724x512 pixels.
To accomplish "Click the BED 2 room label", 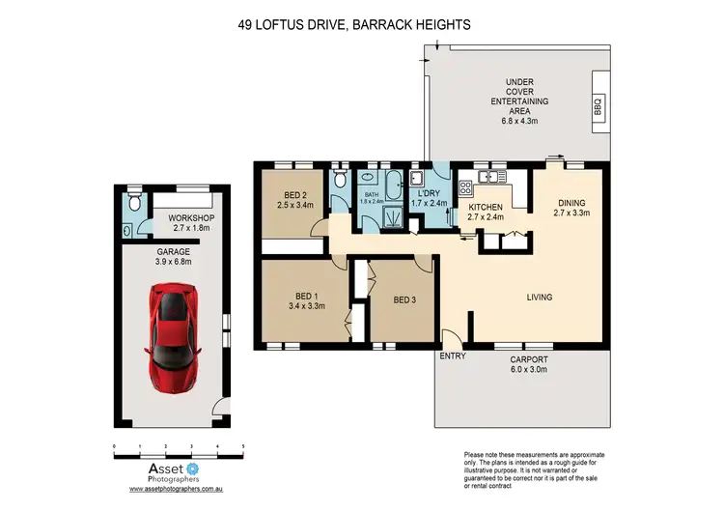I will click(290, 200).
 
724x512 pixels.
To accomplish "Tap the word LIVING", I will click(539, 297).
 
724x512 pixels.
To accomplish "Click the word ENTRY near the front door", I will click(452, 356).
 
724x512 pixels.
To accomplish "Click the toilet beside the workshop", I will click(135, 202).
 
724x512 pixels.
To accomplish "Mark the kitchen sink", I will click(487, 177).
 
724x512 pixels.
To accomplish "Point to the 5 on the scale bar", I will click(242, 445).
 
